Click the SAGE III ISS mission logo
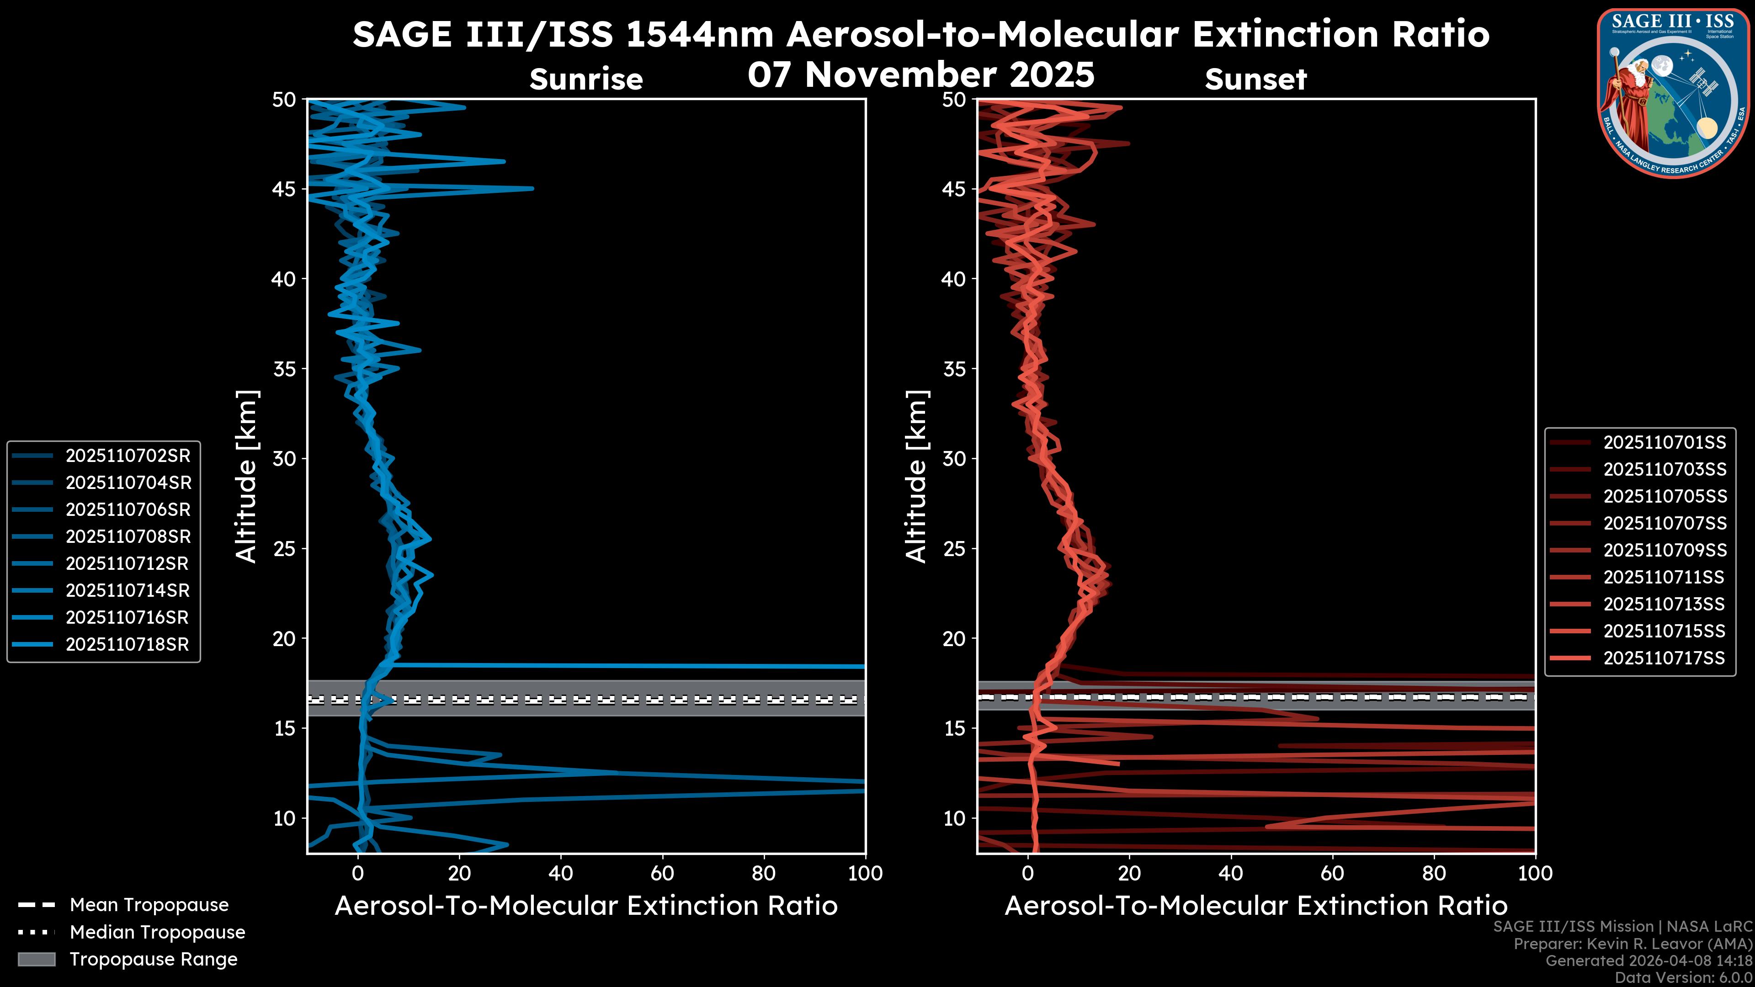click(x=1673, y=93)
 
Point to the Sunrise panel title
click(x=586, y=80)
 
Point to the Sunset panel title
click(x=1255, y=80)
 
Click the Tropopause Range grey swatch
click(x=37, y=960)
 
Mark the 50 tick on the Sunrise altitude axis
click(x=285, y=100)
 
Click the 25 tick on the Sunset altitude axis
click(x=954, y=548)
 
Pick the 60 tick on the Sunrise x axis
click(x=662, y=873)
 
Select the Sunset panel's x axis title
click(x=1255, y=906)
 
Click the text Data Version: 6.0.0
click(x=1684, y=978)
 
